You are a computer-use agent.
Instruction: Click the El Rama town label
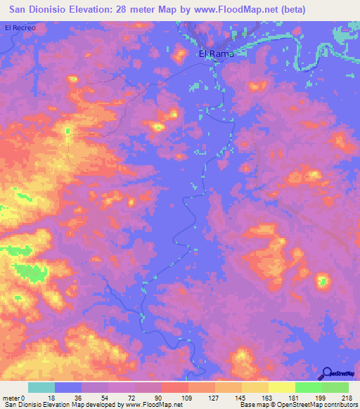click(x=214, y=53)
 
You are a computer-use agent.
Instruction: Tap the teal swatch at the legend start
click(x=41, y=387)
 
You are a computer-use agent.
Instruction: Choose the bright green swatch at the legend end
click(x=335, y=387)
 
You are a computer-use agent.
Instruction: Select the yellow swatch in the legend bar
click(x=282, y=387)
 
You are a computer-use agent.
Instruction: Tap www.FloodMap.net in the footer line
click(x=145, y=405)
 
